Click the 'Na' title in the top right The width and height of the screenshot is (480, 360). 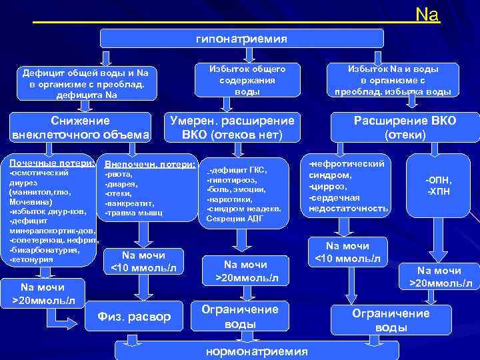point(427,14)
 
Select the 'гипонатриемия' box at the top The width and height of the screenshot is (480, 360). point(242,39)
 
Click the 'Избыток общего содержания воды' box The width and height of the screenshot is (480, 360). point(247,79)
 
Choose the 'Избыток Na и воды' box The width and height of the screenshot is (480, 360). point(393,79)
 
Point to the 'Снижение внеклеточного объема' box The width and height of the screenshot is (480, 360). point(80,128)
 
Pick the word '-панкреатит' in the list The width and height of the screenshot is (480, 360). point(129,203)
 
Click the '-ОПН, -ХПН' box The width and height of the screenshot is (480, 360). point(439,186)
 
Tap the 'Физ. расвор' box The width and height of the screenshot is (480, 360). point(134,315)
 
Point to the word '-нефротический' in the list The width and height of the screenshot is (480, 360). point(347,163)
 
